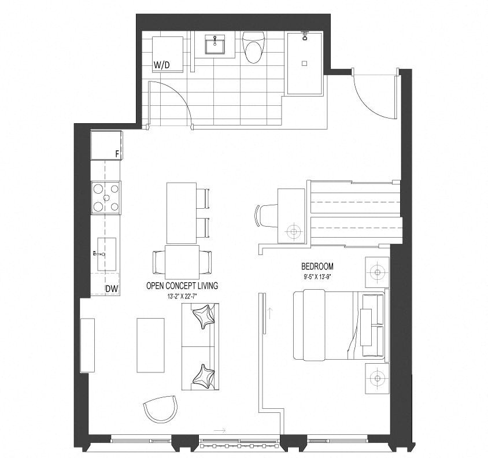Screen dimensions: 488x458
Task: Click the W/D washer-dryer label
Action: click(162, 65)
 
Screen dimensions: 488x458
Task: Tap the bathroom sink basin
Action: click(215, 45)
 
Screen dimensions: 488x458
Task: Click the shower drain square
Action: click(305, 63)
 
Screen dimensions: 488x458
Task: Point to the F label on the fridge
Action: click(117, 154)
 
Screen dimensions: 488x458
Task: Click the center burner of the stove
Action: click(106, 198)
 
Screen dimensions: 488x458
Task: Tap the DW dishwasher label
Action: click(112, 289)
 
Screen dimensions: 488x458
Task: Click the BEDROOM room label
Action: click(317, 267)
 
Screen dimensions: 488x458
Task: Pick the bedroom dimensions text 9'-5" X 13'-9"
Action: click(317, 277)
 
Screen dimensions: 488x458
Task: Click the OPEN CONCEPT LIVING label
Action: click(182, 286)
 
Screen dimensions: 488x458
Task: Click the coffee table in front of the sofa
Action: click(151, 345)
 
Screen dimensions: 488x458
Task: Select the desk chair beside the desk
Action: click(266, 215)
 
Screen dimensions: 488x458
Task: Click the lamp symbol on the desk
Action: click(294, 231)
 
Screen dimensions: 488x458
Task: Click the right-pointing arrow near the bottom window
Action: click(219, 431)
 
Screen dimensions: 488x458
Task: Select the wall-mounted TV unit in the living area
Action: click(87, 345)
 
